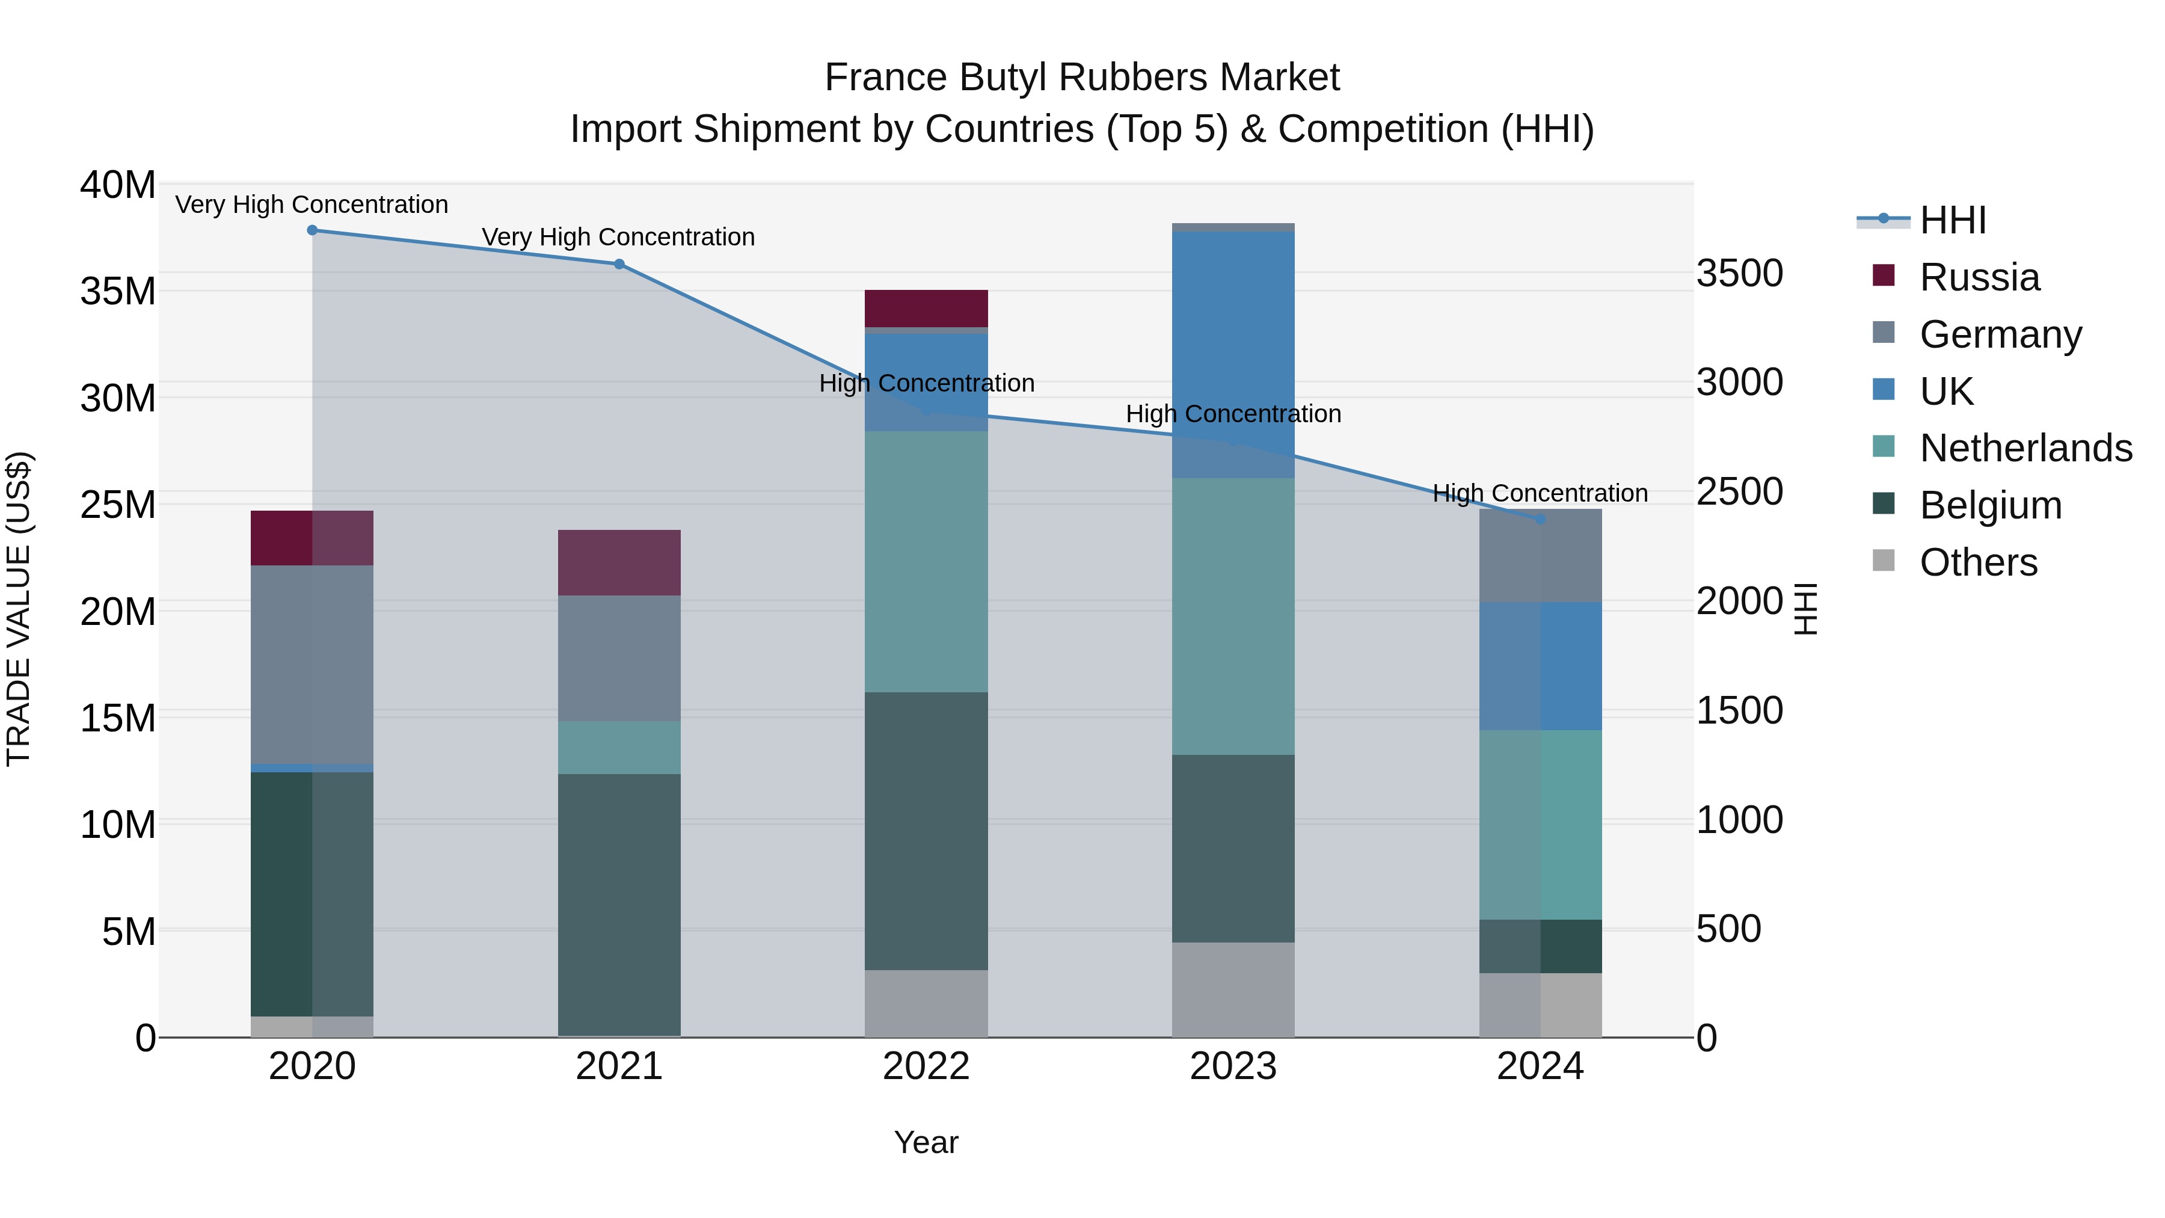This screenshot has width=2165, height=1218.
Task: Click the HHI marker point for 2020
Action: [x=312, y=230]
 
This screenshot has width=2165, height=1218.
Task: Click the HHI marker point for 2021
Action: [x=619, y=264]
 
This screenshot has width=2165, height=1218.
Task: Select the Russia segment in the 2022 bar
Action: [x=926, y=309]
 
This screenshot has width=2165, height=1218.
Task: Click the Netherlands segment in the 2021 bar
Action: [x=619, y=747]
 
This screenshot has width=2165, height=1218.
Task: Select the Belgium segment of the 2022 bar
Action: [x=926, y=831]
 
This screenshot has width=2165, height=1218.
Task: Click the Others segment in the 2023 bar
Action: [x=1233, y=989]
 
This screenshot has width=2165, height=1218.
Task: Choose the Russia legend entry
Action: [x=1979, y=277]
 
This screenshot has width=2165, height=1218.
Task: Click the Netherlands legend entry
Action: [x=2025, y=448]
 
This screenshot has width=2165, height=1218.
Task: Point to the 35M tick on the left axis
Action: [x=118, y=292]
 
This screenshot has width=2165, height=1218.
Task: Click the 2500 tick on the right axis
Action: [x=1739, y=492]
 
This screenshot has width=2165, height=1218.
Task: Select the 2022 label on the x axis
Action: [x=926, y=1066]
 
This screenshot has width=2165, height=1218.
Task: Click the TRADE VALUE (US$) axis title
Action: [x=19, y=609]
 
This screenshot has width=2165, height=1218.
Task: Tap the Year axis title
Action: [x=926, y=1142]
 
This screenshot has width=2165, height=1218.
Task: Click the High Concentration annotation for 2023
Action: [x=1233, y=414]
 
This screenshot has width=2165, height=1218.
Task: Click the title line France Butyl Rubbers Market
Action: [x=1082, y=78]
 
